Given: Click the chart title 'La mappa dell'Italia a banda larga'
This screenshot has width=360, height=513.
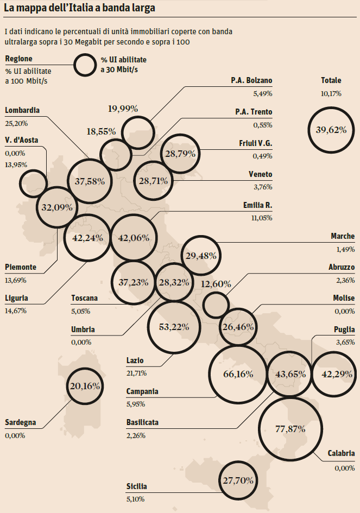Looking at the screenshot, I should (x=79, y=9).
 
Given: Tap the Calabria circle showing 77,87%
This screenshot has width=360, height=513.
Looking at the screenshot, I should (x=290, y=428).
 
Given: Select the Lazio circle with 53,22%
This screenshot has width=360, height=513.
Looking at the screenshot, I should (x=174, y=327).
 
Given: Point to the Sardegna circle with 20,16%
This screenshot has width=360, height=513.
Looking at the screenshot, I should (x=85, y=386).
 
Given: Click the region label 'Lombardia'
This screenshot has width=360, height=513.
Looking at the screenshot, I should (x=22, y=110).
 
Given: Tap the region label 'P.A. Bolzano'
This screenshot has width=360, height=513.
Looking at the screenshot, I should (x=251, y=81).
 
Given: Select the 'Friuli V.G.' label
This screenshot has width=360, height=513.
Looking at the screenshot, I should (x=255, y=143).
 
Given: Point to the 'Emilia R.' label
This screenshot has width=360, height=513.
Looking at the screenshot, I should (x=257, y=206).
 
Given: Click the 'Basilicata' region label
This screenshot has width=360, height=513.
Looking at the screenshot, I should (x=142, y=422).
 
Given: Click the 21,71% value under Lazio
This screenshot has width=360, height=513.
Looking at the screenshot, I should (x=136, y=372).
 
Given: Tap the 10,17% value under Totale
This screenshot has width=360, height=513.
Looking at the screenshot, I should (x=331, y=93).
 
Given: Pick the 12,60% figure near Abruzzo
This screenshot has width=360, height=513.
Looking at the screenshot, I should (x=216, y=284).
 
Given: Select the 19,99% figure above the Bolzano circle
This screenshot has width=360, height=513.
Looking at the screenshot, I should (x=123, y=109).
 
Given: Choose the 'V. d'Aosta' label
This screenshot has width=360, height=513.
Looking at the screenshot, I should (x=21, y=140).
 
